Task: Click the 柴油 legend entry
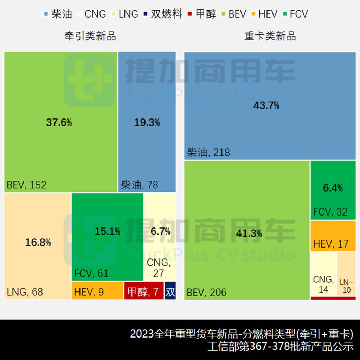pos(58,14)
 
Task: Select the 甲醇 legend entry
pos(202,14)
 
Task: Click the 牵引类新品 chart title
pos(90,36)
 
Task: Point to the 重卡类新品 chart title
pos(270,36)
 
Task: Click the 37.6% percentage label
pos(59,122)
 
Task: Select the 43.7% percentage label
pos(266,105)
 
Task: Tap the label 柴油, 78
pos(140,185)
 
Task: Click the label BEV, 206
pos(207,292)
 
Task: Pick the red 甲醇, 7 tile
pos(144,291)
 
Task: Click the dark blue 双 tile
pos(170,291)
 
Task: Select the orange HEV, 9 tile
pos(97,291)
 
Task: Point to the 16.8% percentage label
pos(38,242)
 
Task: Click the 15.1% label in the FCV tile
pos(108,231)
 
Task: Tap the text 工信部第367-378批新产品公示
pos(281,347)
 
